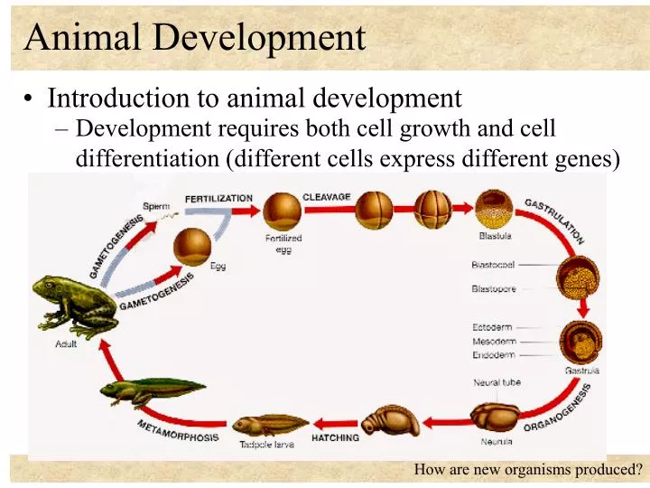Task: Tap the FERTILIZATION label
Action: pyautogui.click(x=218, y=198)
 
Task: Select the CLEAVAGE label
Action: pyautogui.click(x=326, y=197)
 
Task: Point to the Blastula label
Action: pyautogui.click(x=496, y=236)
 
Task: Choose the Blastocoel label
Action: pyautogui.click(x=493, y=266)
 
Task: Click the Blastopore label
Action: pyautogui.click(x=493, y=289)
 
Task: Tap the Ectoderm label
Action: pyautogui.click(x=493, y=327)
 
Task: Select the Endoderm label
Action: pyautogui.click(x=494, y=355)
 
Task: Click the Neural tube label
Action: pyautogui.click(x=497, y=383)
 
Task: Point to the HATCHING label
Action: pyautogui.click(x=335, y=438)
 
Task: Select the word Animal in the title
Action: pyautogui.click(x=82, y=38)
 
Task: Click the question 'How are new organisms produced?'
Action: pyautogui.click(x=528, y=469)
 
